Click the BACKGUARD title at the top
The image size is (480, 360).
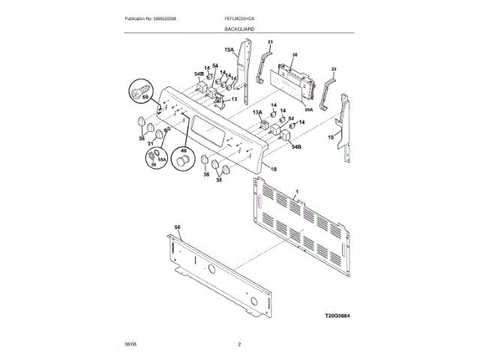(x=238, y=28)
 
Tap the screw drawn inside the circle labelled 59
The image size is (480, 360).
(x=137, y=93)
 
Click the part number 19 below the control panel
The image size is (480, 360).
(x=274, y=169)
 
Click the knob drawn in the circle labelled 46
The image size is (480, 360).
(x=183, y=162)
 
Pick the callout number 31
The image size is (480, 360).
(x=150, y=144)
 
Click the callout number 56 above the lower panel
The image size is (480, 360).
(x=178, y=227)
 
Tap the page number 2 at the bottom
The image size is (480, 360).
(x=239, y=344)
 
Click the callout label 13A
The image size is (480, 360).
(x=256, y=112)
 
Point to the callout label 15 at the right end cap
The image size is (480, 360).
(x=331, y=137)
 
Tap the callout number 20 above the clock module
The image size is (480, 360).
(x=295, y=55)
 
